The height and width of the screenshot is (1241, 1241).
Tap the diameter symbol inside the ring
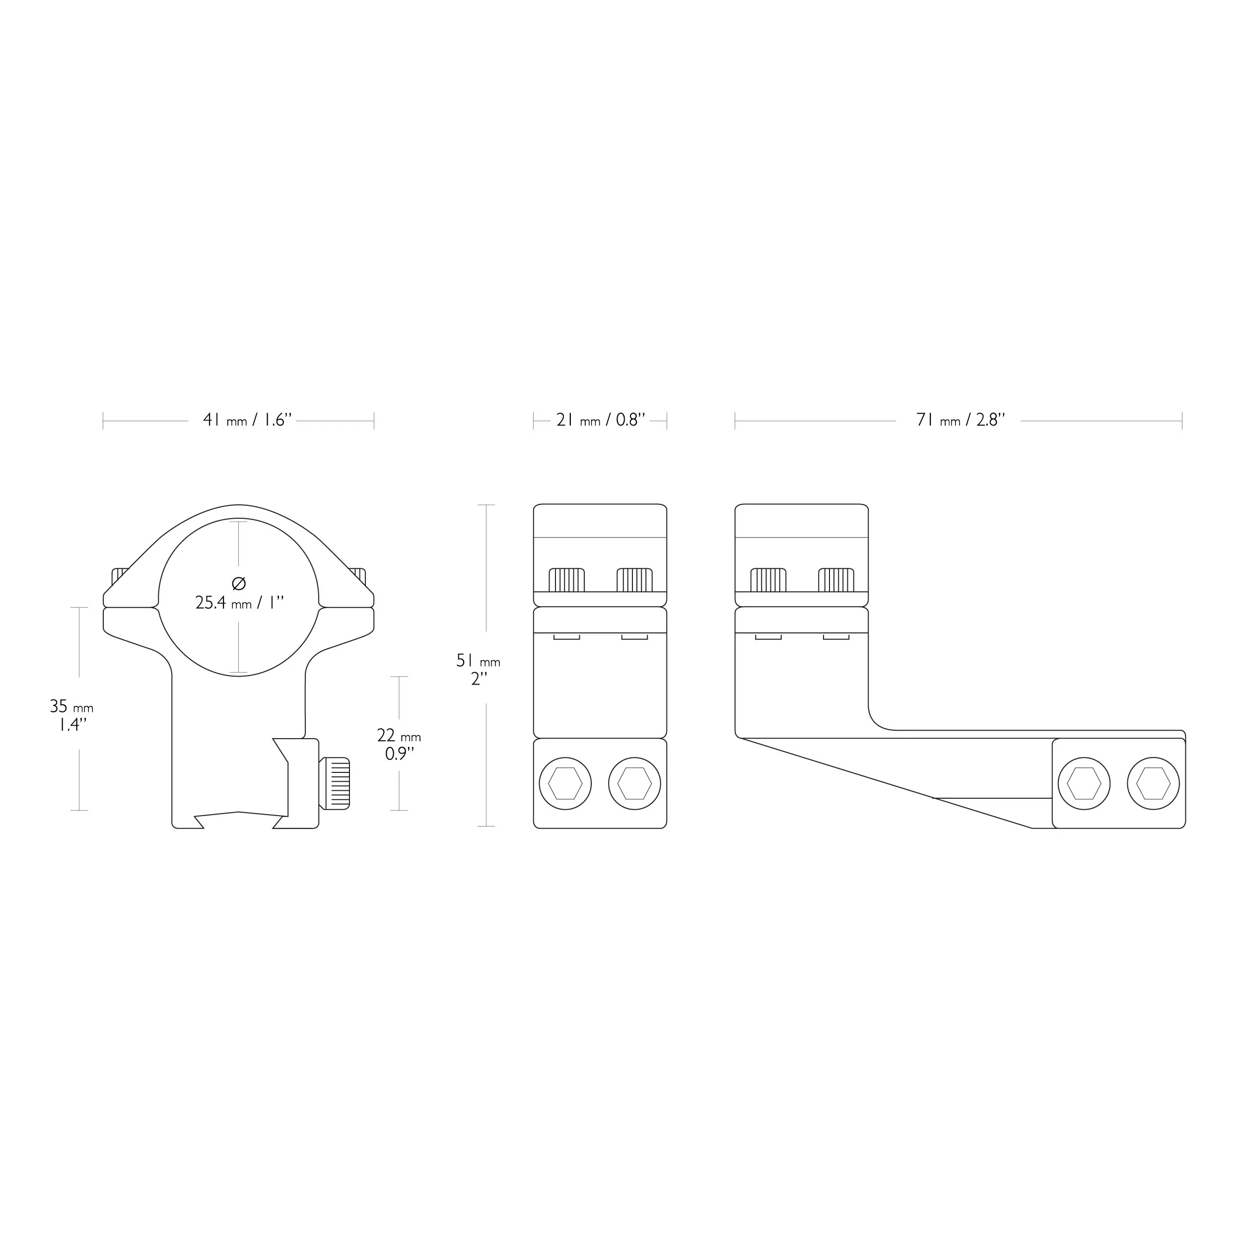(x=238, y=583)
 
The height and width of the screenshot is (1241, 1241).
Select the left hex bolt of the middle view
(x=565, y=784)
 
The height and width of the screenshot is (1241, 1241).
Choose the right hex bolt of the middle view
(x=634, y=784)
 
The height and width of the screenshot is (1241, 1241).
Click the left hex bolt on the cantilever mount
(x=1084, y=784)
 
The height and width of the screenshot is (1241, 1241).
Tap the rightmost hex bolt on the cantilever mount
(x=1154, y=784)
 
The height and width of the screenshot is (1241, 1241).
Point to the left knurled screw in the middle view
(x=566, y=580)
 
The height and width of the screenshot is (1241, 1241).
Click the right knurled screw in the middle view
(x=634, y=580)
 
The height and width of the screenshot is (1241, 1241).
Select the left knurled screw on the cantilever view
(x=768, y=580)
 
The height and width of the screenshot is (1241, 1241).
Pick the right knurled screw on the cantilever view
(x=836, y=580)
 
